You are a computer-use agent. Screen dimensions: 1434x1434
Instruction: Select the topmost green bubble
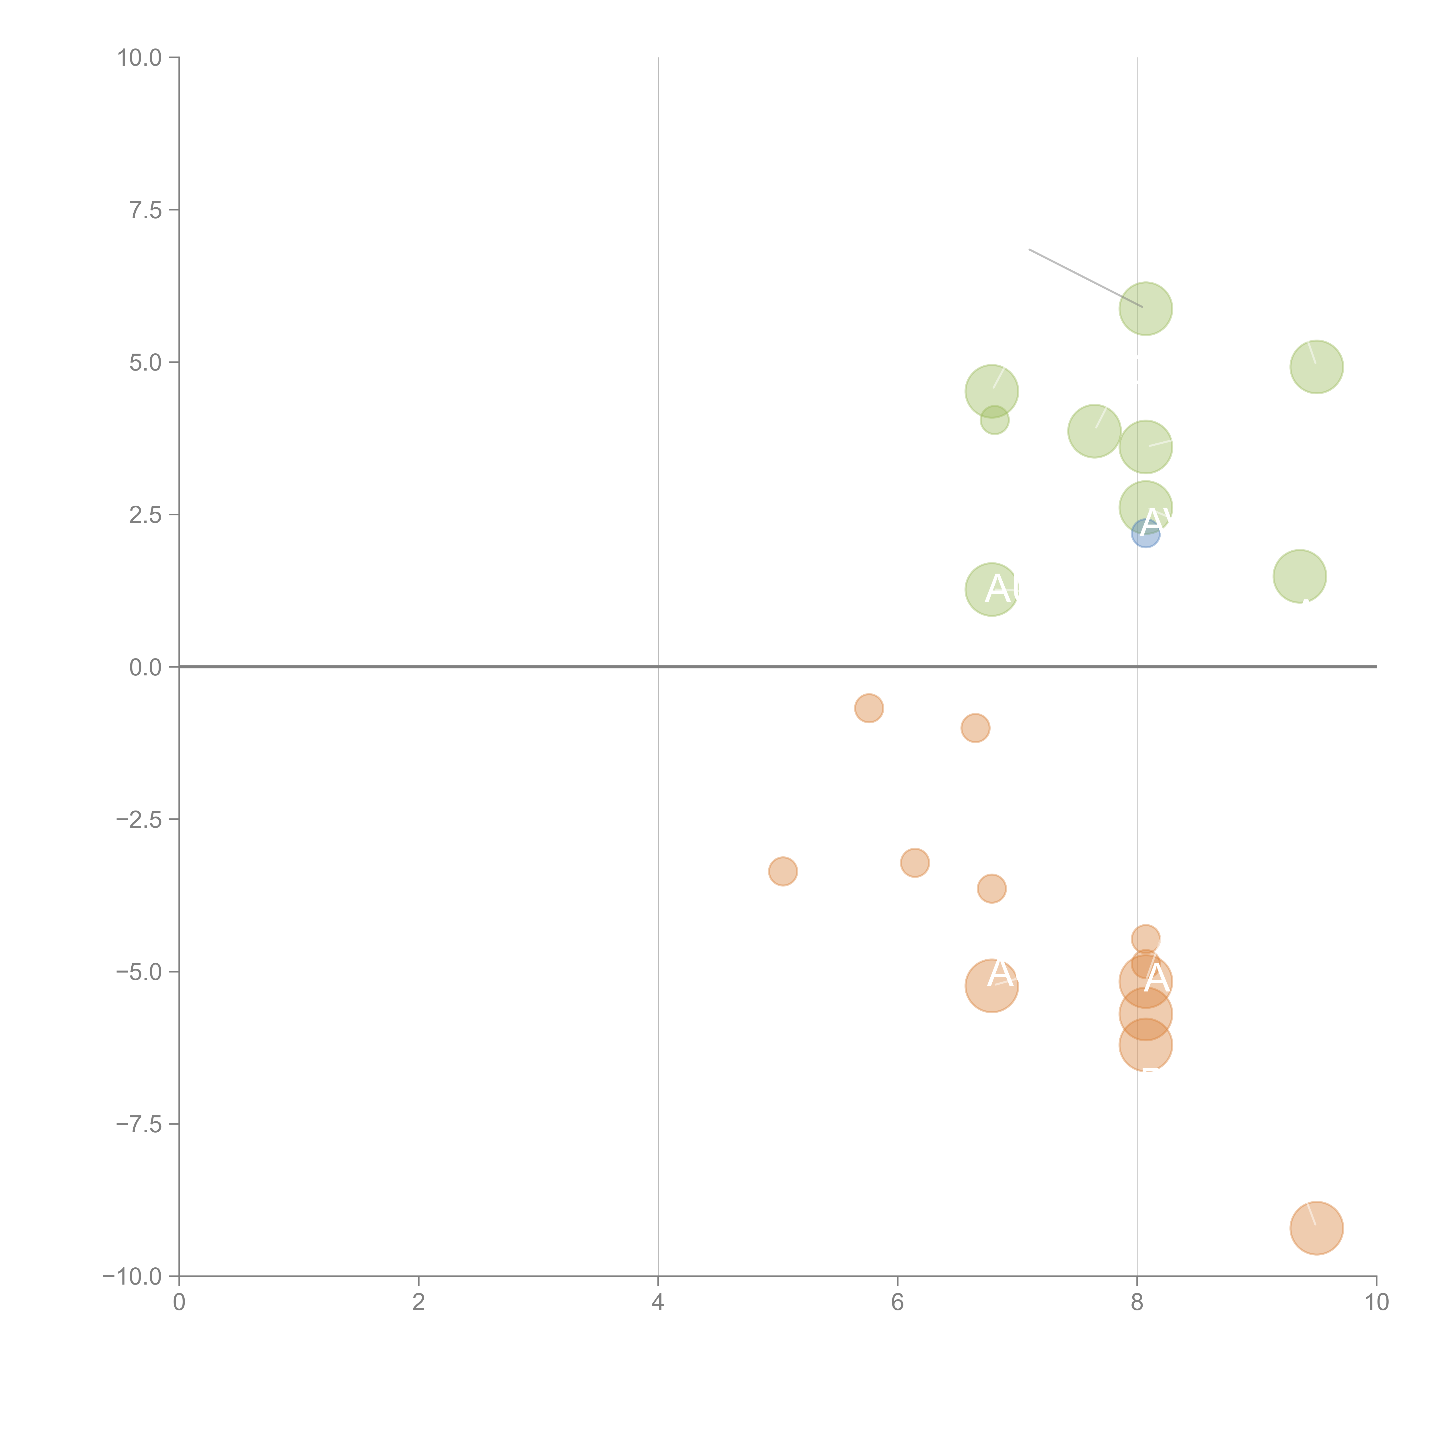click(1145, 309)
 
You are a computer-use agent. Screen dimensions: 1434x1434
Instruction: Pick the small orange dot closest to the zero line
click(868, 708)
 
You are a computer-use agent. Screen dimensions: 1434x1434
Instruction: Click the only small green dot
click(994, 420)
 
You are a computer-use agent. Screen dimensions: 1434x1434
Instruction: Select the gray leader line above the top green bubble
click(1084, 278)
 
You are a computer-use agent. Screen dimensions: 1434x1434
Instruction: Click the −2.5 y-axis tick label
click(139, 819)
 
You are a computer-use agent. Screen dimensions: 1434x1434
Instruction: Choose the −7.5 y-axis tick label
click(139, 1124)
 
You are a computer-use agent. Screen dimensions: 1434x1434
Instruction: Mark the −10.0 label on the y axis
click(132, 1277)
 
